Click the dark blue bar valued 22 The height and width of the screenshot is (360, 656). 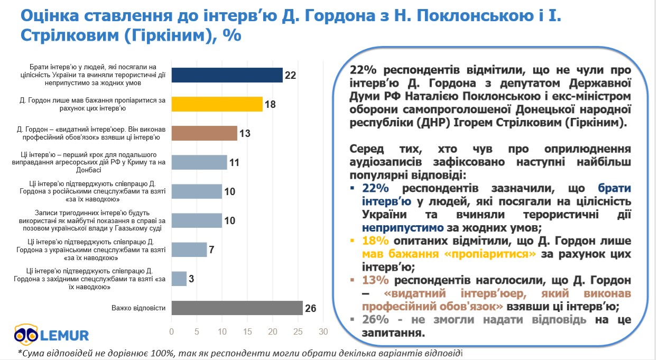[227, 75]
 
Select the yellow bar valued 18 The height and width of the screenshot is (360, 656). [217, 104]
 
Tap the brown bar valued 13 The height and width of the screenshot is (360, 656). [205, 133]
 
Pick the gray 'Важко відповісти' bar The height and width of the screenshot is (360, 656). [237, 308]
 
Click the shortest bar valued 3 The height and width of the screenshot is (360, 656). [179, 279]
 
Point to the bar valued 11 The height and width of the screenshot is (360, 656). [199, 162]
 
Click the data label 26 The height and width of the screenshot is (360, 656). [310, 308]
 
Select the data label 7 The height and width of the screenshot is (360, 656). [211, 250]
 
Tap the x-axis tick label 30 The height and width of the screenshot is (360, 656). [323, 332]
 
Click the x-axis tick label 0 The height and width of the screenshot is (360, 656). [172, 332]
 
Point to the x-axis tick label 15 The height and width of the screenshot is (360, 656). [247, 332]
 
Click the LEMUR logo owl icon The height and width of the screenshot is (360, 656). [25, 334]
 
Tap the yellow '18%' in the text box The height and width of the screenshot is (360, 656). [376, 241]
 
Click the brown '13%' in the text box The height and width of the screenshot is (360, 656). [376, 280]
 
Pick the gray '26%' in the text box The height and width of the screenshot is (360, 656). [376, 319]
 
